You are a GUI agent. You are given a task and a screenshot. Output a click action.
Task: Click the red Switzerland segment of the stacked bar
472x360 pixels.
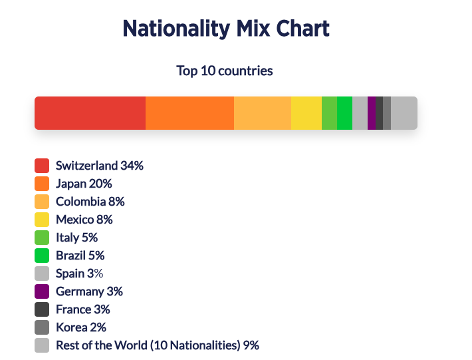(90, 113)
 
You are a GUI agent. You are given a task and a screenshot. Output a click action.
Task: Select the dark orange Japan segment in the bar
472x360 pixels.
(189, 113)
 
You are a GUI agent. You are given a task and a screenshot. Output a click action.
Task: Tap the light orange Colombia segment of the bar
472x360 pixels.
(263, 113)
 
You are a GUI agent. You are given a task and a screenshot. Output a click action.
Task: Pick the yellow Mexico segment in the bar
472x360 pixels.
(306, 113)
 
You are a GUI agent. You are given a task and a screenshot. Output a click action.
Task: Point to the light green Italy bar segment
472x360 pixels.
(329, 113)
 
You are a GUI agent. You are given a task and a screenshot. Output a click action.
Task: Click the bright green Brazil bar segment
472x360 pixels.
(344, 113)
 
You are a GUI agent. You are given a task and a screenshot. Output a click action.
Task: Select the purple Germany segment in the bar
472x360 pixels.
(372, 113)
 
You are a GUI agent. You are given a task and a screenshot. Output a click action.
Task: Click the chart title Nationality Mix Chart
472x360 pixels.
(226, 29)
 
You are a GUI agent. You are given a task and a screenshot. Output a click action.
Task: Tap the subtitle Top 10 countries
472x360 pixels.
(225, 71)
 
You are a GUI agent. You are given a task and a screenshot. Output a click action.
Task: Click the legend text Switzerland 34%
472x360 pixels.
(100, 166)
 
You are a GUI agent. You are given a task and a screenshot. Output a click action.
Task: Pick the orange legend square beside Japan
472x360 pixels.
(42, 184)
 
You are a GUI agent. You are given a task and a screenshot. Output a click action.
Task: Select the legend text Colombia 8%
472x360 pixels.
(90, 202)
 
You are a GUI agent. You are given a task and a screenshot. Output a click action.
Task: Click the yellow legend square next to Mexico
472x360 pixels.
(42, 220)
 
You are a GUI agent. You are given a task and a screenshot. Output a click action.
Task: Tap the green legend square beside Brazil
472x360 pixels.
(42, 256)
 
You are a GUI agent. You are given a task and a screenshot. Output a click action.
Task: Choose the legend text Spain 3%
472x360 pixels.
(80, 273)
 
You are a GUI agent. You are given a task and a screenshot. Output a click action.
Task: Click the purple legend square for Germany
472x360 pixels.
(42, 291)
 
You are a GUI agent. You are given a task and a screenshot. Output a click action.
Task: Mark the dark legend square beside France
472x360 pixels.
(42, 309)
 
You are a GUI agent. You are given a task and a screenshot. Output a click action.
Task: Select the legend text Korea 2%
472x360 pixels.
(81, 327)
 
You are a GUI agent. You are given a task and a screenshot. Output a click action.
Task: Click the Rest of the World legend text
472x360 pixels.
(158, 345)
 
